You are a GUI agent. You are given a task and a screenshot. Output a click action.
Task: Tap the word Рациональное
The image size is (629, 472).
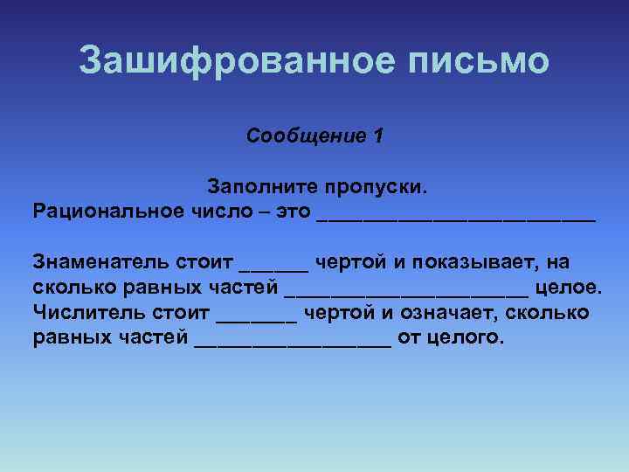click(107, 211)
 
